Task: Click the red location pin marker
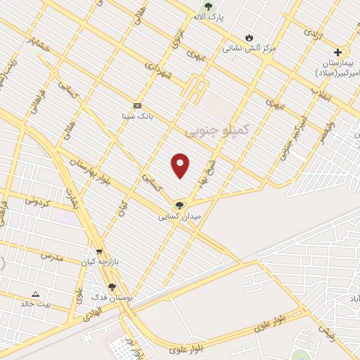tap(181, 165)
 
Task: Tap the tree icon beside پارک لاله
tap(207, 7)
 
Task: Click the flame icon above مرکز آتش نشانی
tap(249, 37)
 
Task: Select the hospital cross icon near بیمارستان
tap(338, 52)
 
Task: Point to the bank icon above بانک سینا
tap(137, 105)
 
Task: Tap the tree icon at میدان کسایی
tap(180, 205)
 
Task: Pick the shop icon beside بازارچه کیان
tap(99, 252)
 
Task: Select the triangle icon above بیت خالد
tap(36, 293)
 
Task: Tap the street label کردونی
tap(39, 201)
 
